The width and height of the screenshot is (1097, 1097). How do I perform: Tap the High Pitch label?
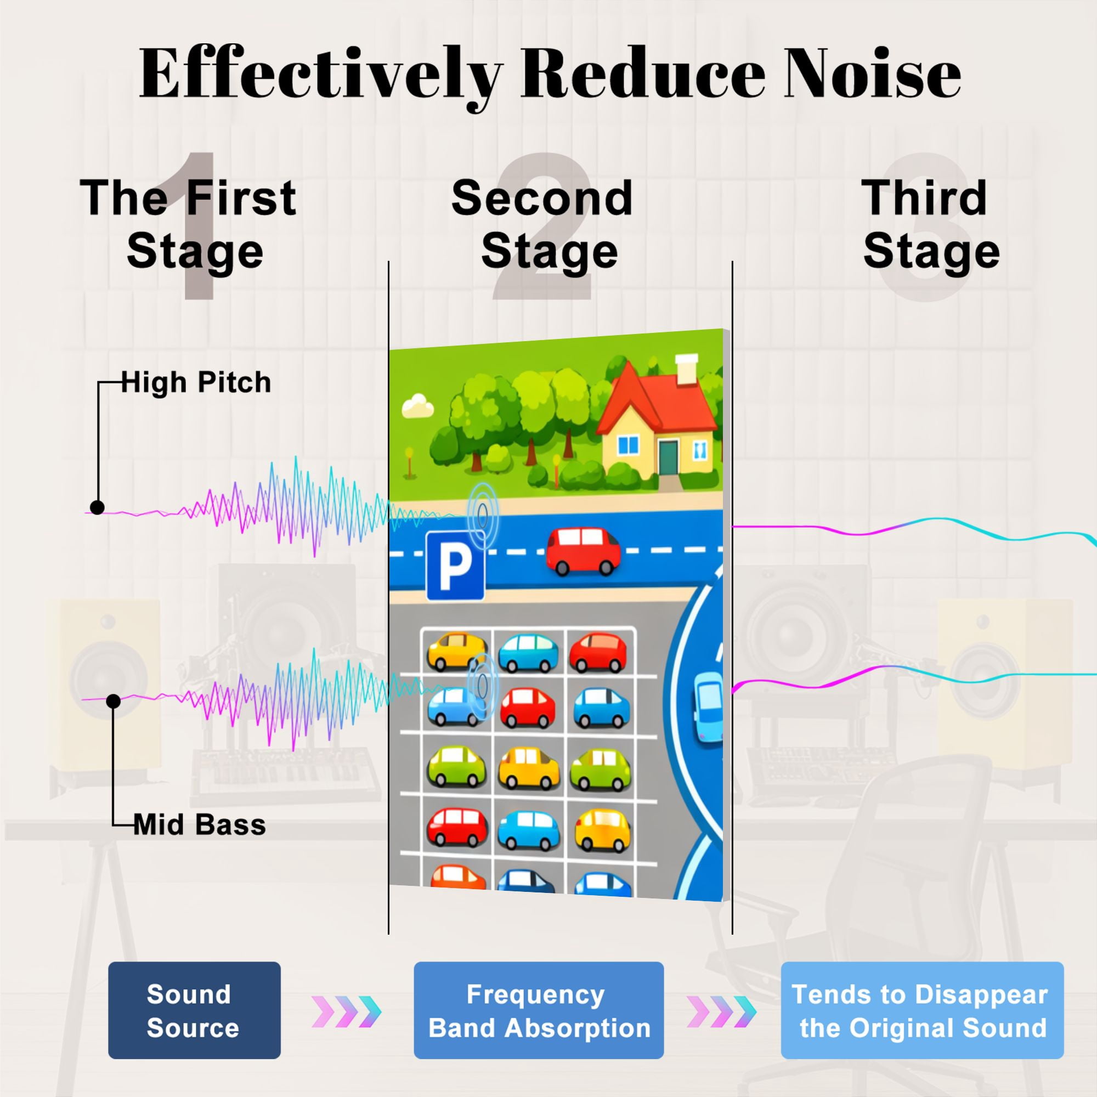196,382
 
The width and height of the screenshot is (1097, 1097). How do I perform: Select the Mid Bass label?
200,824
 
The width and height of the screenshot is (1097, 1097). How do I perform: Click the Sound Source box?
194,1010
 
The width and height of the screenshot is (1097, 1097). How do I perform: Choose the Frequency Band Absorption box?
539,1010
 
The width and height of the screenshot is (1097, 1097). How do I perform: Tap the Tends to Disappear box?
922,1010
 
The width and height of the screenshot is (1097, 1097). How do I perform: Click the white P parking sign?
455,566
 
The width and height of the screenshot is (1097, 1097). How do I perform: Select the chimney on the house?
687,369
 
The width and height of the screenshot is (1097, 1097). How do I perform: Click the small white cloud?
418,406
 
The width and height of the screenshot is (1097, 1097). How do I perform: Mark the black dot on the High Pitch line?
97,507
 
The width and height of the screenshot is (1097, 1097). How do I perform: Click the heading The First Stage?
189,224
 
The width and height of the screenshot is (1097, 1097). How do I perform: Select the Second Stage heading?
543,224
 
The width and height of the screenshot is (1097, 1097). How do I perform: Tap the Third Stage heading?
930,224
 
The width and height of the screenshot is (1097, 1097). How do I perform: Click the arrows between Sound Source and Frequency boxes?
346,1011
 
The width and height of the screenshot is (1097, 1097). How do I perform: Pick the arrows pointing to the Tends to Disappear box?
722,1011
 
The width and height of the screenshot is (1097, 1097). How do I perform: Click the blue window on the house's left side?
628,445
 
